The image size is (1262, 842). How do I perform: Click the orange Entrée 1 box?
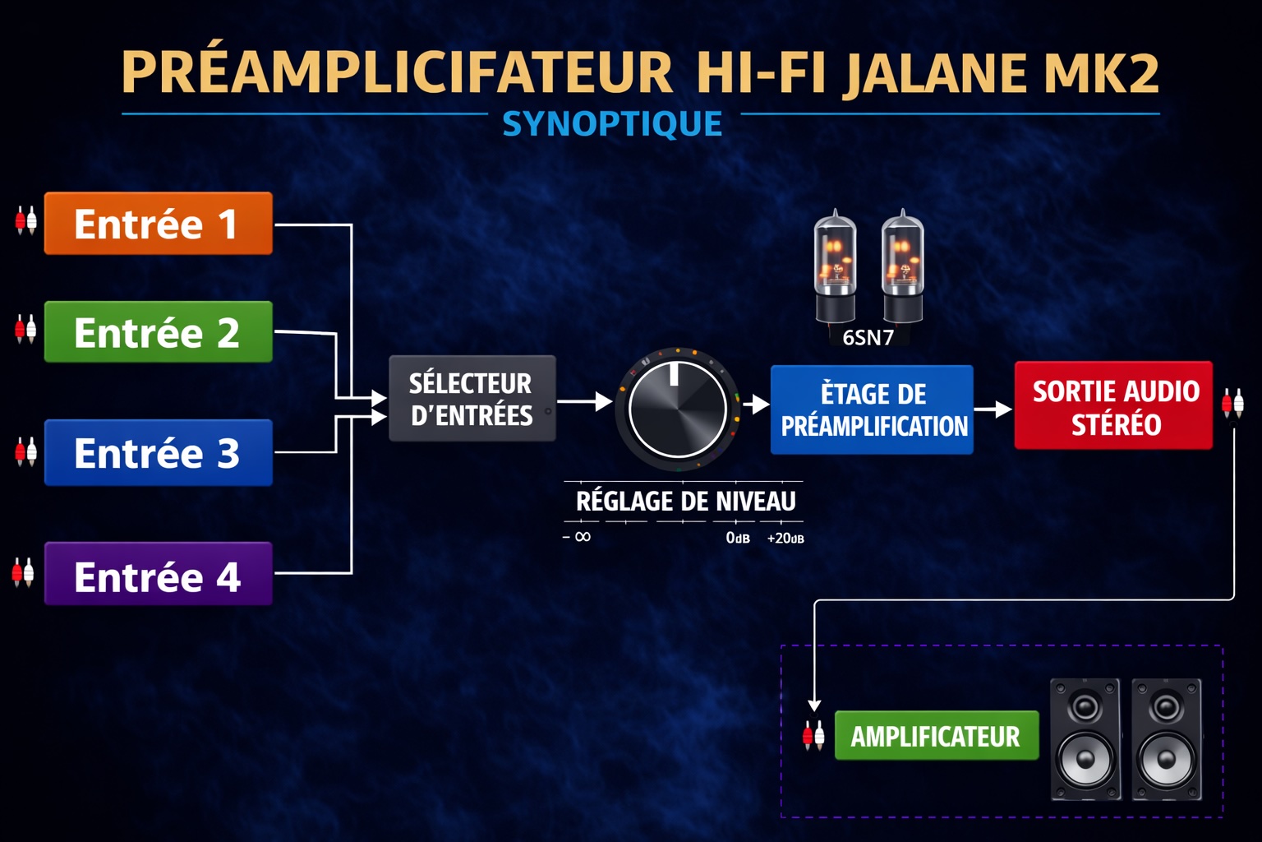[158, 224]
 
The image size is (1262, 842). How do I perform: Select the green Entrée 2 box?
[158, 332]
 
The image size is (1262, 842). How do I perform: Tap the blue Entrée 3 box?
[158, 453]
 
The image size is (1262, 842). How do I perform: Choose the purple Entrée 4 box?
[158, 575]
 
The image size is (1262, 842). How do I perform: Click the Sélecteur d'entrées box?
[472, 399]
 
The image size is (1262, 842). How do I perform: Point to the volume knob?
[678, 409]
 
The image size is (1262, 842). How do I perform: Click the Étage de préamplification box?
[872, 409]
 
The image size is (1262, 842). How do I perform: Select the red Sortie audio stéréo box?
[1113, 406]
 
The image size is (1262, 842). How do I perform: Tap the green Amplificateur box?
[936, 736]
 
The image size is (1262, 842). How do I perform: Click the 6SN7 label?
[868, 337]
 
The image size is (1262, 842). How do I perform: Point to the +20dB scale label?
[785, 539]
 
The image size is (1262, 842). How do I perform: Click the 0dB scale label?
[737, 538]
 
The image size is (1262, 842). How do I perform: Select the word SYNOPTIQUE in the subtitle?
[612, 124]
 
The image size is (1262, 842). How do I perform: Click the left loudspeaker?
[1085, 738]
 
